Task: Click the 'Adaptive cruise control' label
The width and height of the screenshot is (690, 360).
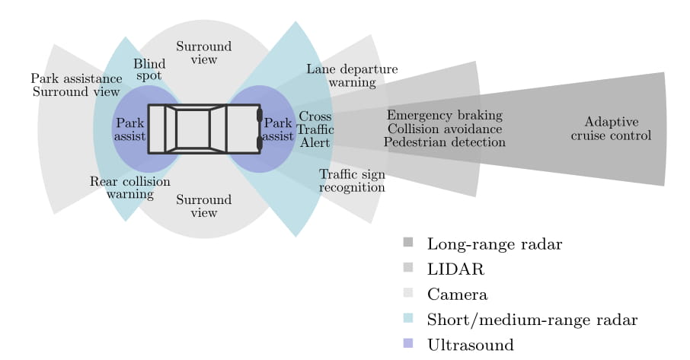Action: (611, 129)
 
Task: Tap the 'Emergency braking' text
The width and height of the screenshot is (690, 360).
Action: (445, 115)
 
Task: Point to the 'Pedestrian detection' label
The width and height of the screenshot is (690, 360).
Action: (445, 142)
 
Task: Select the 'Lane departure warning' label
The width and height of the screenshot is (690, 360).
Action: (352, 75)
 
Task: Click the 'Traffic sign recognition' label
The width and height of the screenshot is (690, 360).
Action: (352, 180)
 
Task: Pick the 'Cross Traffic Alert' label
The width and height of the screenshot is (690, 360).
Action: (315, 129)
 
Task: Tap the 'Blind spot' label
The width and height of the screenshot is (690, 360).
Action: (149, 69)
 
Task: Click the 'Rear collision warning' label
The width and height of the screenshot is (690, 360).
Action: (129, 188)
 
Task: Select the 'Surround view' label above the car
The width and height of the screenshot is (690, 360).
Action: (204, 53)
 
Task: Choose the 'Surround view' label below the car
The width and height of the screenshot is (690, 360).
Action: (204, 206)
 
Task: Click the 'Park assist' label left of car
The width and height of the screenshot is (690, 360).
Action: (129, 129)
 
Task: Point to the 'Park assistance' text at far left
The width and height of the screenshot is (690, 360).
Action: (77, 78)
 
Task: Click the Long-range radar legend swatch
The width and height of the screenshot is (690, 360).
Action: (408, 242)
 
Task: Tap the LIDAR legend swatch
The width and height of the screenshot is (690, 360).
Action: (408, 267)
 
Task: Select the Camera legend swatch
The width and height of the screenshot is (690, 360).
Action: (408, 293)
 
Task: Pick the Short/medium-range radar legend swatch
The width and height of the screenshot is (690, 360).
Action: (408, 318)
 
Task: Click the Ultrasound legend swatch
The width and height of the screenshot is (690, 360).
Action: (408, 343)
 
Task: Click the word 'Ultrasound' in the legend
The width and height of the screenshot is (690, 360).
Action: (471, 345)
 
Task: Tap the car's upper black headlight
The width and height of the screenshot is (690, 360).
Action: (260, 115)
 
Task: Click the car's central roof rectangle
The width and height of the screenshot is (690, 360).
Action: (193, 129)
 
